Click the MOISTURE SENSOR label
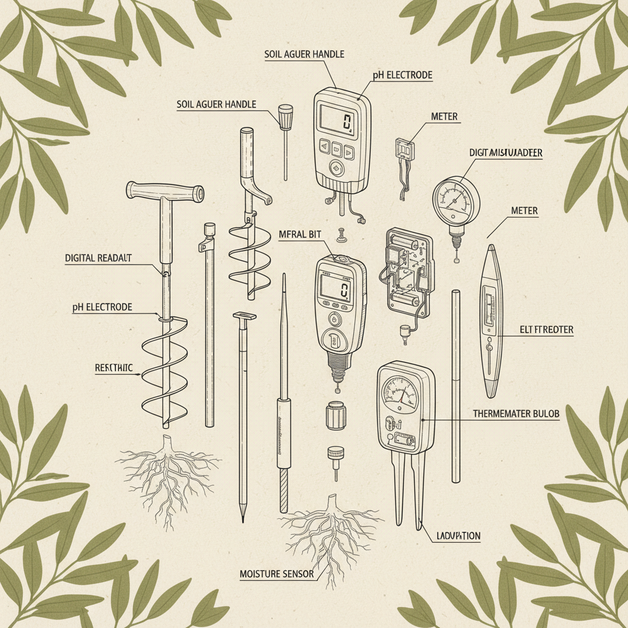click(x=277, y=574)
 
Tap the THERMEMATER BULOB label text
click(x=516, y=414)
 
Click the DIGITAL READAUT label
click(x=98, y=258)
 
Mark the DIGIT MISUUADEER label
click(x=505, y=153)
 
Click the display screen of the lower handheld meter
click(x=336, y=286)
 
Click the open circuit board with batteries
click(x=406, y=269)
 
